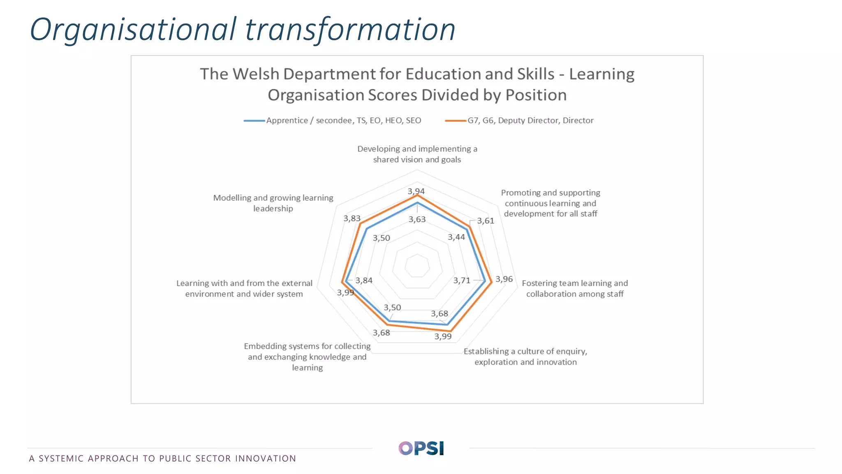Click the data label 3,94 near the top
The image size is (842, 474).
pos(416,191)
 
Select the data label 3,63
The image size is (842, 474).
pos(417,219)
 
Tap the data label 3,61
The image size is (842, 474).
pos(486,221)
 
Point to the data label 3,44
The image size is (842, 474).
pos(456,237)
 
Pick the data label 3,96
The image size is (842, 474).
pos(504,279)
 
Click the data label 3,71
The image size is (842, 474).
pos(462,281)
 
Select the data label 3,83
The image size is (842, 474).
pos(352,218)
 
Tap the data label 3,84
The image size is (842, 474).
pos(364,281)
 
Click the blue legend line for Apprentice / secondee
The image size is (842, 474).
pos(254,121)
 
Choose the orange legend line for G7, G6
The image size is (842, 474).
pos(456,121)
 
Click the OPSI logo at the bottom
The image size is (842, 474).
pos(421,448)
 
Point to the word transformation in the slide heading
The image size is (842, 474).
pos(350,30)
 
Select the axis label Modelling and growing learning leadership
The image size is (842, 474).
pos(273,203)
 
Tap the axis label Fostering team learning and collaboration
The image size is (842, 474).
pos(575,288)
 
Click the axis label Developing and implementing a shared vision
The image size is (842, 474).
pos(417,154)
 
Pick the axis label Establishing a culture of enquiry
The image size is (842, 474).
pos(525,357)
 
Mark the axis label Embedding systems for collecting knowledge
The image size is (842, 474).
pos(307,357)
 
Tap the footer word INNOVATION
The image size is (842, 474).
pos(266,458)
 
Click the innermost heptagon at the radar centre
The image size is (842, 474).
pos(417,265)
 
